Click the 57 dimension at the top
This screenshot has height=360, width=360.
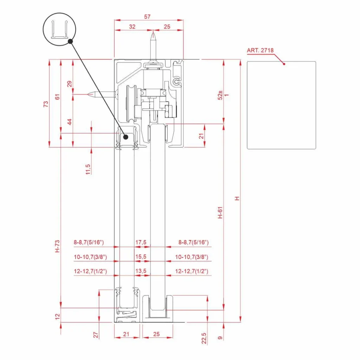pyautogui.click(x=147, y=17)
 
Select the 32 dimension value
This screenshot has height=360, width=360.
pyautogui.click(x=132, y=27)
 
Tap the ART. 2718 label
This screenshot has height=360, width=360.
pyautogui.click(x=260, y=50)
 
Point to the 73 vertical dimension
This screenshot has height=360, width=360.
pyautogui.click(x=46, y=104)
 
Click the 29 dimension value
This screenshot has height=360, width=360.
pyautogui.click(x=69, y=84)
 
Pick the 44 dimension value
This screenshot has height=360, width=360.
pyautogui.click(x=69, y=122)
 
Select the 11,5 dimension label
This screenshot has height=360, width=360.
pyautogui.click(x=88, y=169)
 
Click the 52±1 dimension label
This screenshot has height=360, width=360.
pyautogui.click(x=223, y=95)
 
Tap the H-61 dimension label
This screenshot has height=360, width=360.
pyautogui.click(x=220, y=213)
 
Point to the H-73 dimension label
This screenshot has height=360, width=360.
pyautogui.click(x=57, y=246)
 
